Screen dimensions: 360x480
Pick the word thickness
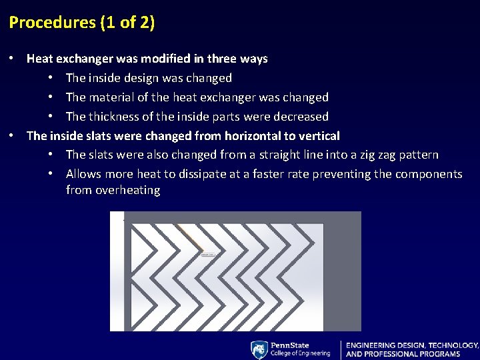point(114,117)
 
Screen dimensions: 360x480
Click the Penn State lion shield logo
point(259,350)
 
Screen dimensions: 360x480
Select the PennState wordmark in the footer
point(289,345)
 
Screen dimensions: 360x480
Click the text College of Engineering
point(300,354)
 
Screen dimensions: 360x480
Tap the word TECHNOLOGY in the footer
point(453,345)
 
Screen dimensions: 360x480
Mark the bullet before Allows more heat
point(51,175)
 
